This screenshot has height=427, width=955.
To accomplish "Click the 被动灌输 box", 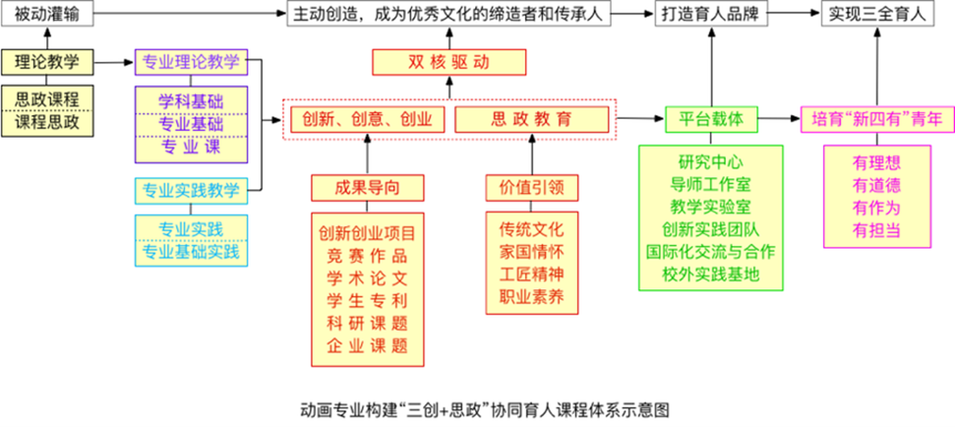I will (47, 14).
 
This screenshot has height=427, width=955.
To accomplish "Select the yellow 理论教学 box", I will (47, 61).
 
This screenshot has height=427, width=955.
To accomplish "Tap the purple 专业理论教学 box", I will (191, 61).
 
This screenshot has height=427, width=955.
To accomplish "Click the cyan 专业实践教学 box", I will (191, 191).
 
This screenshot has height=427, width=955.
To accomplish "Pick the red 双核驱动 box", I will (449, 62).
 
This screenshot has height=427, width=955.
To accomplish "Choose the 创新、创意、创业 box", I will (367, 119).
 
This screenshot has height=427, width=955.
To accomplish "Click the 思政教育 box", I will (531, 119).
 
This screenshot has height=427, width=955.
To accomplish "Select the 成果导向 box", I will (367, 187).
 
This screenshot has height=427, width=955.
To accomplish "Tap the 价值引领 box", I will (531, 187).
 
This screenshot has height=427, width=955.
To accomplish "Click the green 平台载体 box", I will (711, 119).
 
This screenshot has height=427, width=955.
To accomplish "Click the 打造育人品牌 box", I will (711, 14).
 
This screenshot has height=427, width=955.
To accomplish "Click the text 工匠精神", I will (531, 272).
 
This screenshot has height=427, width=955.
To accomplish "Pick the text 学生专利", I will (367, 302).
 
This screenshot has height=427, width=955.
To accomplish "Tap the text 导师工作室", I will (711, 184).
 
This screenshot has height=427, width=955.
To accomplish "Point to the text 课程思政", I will (47, 122).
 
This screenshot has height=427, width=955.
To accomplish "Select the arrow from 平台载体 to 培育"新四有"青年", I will (779, 119).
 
